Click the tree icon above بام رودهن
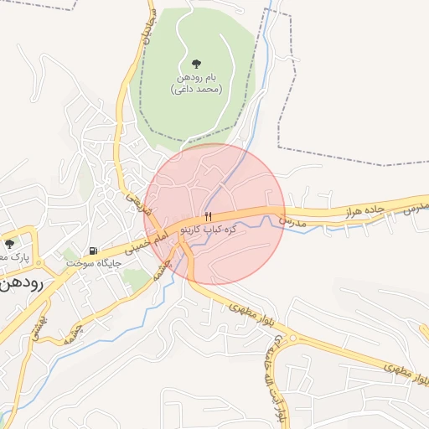tap(196, 63)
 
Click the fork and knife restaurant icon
tap(208, 215)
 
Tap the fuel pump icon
tap(92, 250)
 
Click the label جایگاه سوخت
tap(95, 263)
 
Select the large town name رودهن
tap(25, 282)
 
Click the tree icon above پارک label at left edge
tap(9, 244)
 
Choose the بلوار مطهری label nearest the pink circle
tap(250, 310)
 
